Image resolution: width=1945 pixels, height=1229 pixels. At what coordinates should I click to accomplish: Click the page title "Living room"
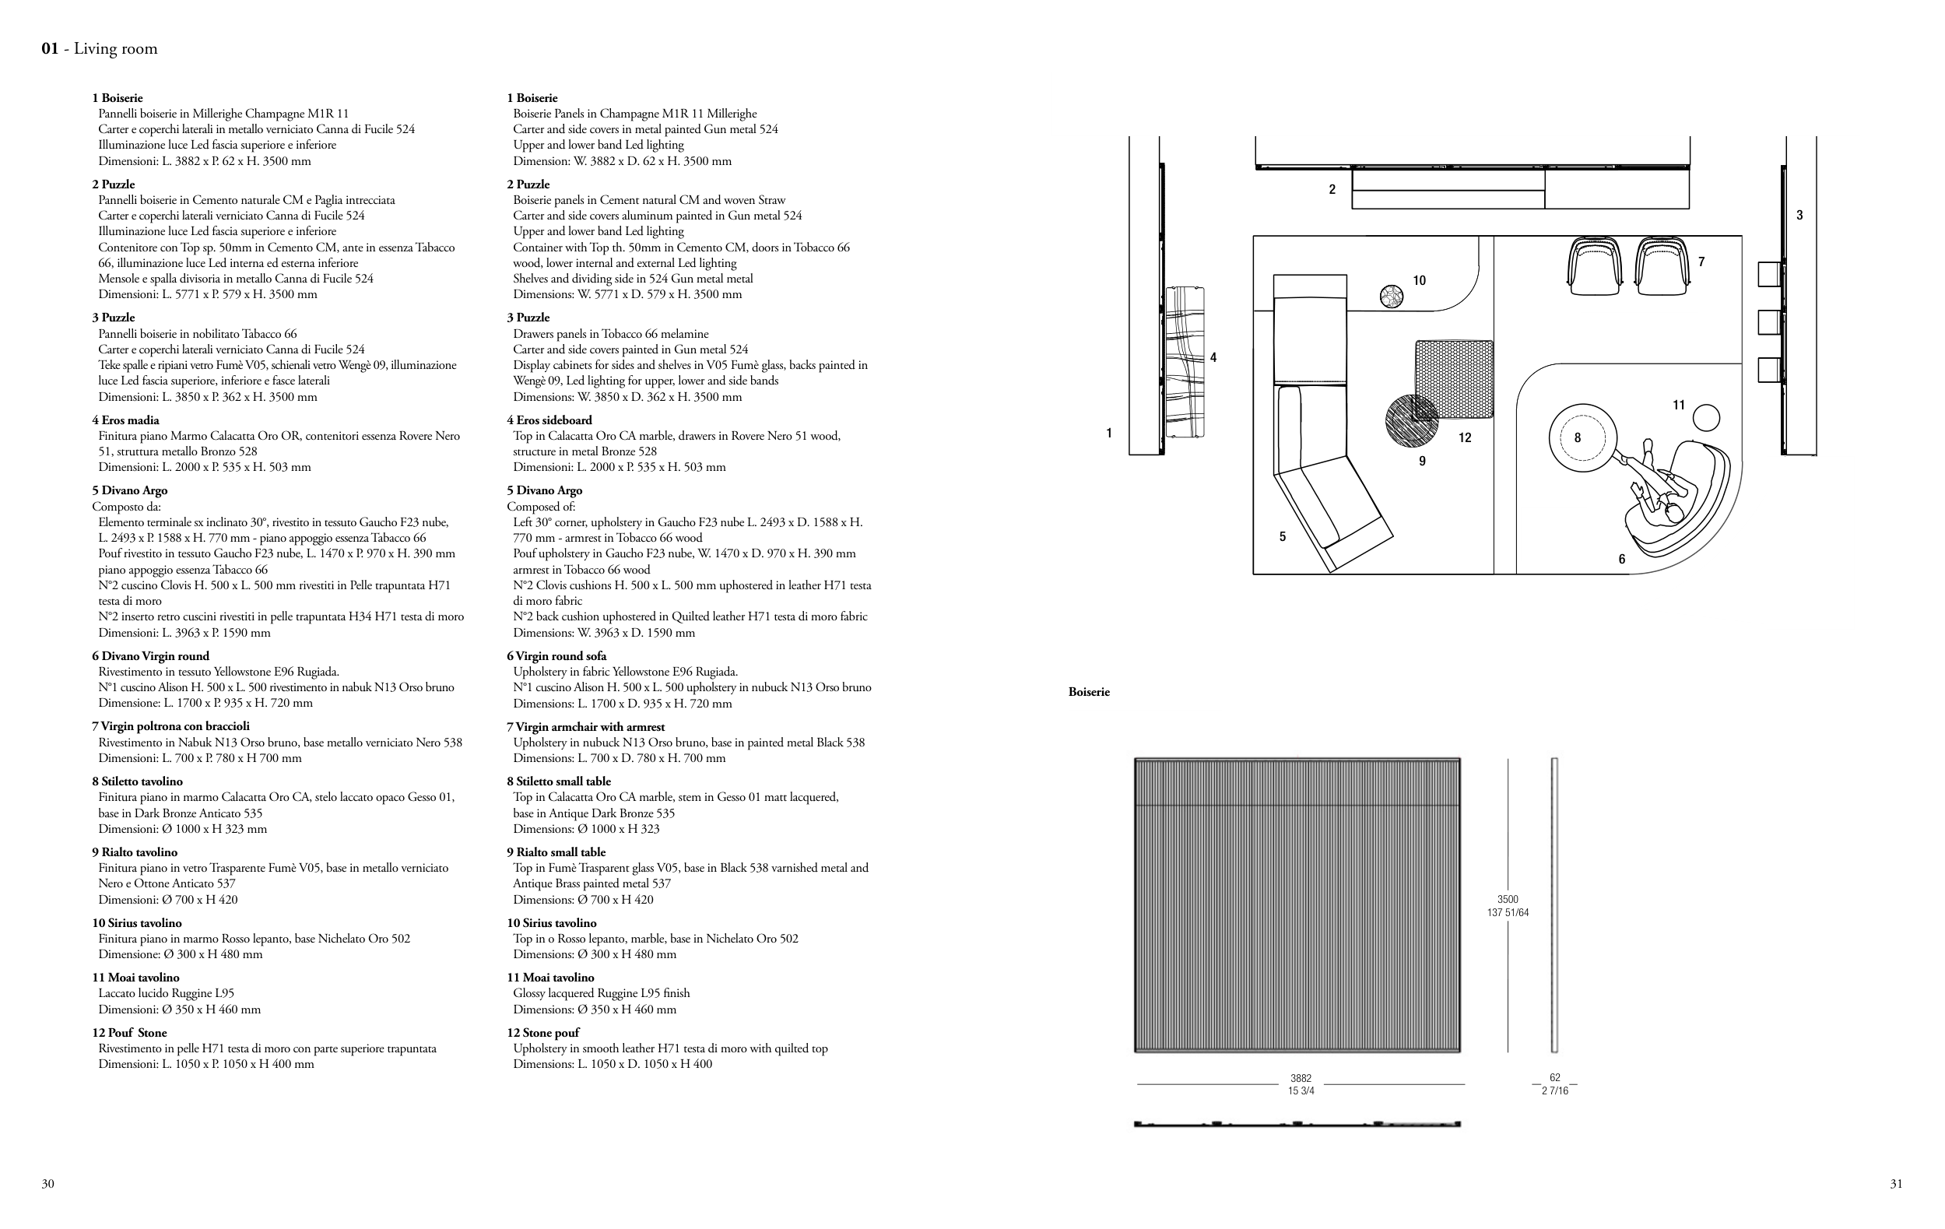pos(115,49)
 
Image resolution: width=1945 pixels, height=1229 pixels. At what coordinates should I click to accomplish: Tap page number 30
pos(48,1184)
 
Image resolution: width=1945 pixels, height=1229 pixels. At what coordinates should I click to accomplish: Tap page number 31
pos(1896,1184)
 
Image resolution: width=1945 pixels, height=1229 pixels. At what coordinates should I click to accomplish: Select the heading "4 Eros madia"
pos(125,420)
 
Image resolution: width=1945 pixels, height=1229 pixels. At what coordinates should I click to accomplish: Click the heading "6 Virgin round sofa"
pos(556,655)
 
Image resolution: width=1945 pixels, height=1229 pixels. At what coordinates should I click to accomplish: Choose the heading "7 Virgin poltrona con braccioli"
pos(170,726)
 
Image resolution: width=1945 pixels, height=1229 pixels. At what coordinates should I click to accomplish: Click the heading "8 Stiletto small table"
pos(558,781)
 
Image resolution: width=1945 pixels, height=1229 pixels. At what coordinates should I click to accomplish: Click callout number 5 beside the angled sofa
pos(1282,536)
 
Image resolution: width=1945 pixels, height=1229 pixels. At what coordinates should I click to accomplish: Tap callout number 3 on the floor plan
pos(1799,215)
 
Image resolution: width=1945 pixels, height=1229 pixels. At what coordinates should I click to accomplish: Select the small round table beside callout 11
pos(1705,418)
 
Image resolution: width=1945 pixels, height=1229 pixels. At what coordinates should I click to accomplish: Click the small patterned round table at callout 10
pos(1392,297)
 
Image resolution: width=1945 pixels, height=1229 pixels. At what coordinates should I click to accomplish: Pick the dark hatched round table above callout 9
pos(1411,420)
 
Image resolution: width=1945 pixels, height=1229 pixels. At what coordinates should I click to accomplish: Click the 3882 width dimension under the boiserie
pos(1301,1078)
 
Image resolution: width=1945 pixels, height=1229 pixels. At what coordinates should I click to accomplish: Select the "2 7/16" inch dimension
pos(1555,1091)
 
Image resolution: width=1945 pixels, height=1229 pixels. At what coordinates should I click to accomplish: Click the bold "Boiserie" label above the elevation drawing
pos(1089,692)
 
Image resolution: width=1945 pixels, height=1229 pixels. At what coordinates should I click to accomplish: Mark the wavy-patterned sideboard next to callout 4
pos(1185,362)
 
